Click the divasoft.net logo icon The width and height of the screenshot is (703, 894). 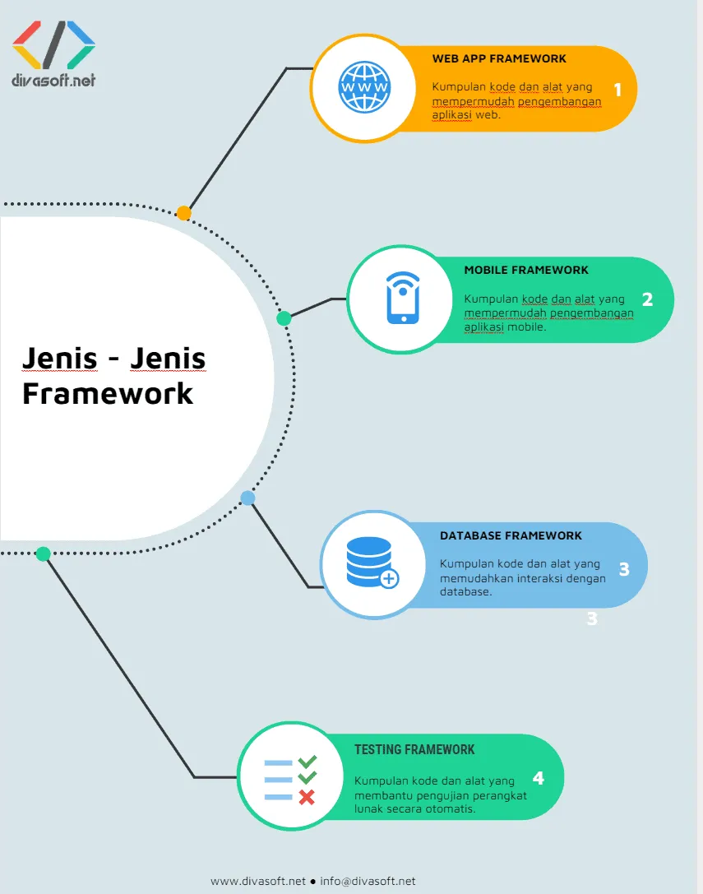tap(54, 44)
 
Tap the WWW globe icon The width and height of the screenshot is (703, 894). tap(365, 87)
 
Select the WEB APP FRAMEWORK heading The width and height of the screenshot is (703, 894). tap(499, 59)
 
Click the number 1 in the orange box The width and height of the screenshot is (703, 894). tap(618, 90)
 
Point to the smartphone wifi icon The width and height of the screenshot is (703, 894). tap(402, 299)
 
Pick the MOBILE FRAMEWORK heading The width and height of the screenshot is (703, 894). tap(526, 270)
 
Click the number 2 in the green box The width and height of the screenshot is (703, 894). tap(647, 299)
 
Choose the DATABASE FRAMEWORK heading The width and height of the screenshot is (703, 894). tap(511, 535)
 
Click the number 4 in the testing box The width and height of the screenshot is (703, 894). tap(538, 777)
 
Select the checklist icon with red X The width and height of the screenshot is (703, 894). tap(290, 781)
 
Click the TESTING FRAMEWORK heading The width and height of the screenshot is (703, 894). tap(414, 750)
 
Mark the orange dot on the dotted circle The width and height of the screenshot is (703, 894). tap(184, 213)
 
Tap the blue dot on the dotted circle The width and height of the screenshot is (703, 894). tap(247, 498)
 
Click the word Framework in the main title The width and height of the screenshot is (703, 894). tap(108, 393)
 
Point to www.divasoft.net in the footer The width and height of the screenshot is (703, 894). tap(258, 881)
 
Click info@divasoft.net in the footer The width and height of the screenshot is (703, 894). tap(368, 881)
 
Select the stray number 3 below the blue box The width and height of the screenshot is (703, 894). tap(591, 619)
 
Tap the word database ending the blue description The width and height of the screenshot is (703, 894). tap(465, 591)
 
